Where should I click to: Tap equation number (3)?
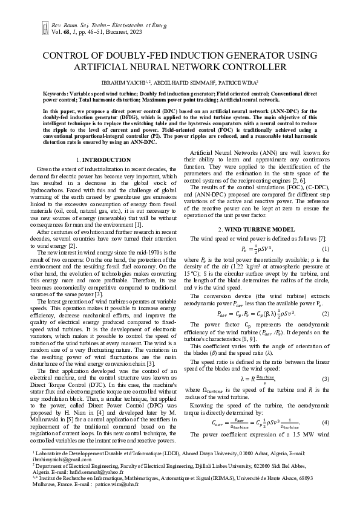324,379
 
